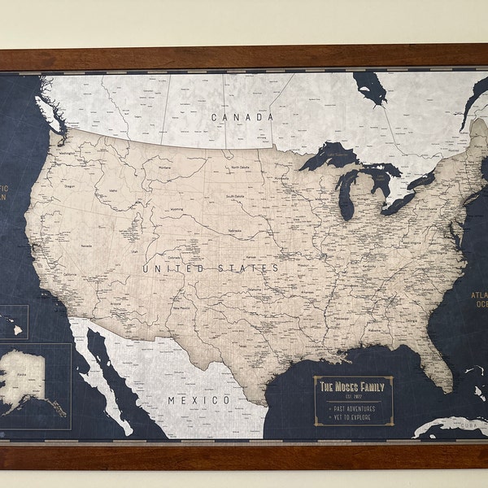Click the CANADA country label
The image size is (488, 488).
242,117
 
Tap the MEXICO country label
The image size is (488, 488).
199,400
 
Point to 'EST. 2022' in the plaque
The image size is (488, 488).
353,396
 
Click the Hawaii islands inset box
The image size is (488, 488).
13,322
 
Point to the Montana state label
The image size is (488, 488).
168,168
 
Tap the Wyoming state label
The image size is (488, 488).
176,208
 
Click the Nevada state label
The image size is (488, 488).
84,243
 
